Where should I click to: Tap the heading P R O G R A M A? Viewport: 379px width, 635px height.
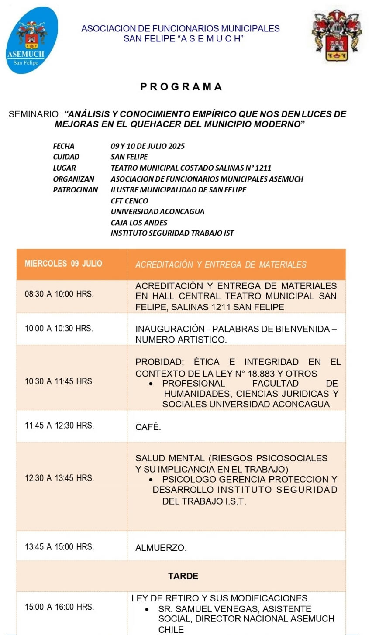[182, 86]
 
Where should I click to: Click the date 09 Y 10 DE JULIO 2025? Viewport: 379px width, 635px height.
[148, 146]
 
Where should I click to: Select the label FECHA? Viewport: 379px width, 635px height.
[64, 146]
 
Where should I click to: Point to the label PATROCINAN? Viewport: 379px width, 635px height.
[76, 190]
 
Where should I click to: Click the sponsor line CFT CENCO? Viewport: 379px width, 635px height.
[129, 201]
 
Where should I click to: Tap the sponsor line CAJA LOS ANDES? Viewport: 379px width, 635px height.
[139, 223]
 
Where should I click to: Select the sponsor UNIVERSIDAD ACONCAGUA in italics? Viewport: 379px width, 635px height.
[157, 212]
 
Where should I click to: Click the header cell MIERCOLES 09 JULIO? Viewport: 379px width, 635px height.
[63, 264]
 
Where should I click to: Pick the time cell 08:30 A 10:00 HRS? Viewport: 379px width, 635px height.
[59, 294]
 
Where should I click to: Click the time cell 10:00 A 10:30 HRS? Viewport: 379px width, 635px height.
[59, 328]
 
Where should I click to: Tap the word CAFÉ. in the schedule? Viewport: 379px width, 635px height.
[148, 427]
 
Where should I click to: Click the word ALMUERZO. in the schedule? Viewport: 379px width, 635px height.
[161, 548]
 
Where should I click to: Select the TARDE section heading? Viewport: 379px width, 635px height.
[183, 576]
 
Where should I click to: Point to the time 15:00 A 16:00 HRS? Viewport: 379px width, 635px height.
[59, 607]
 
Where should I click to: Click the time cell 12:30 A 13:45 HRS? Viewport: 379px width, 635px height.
[59, 478]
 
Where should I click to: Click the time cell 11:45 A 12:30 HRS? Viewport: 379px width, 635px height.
[59, 426]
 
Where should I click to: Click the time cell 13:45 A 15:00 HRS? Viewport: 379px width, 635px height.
[59, 547]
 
